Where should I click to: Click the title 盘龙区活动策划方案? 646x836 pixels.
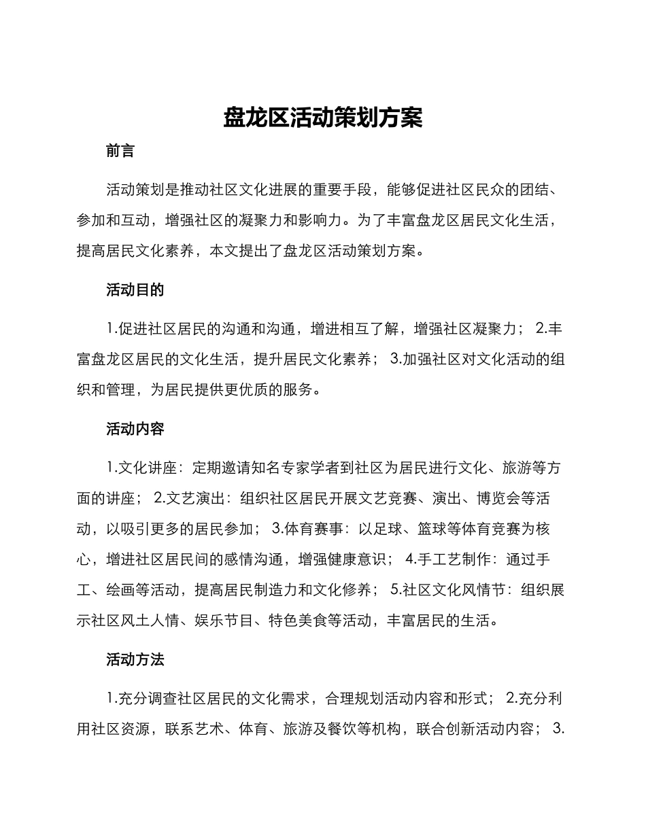323,118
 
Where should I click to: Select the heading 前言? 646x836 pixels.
120,151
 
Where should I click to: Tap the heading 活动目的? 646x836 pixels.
135,290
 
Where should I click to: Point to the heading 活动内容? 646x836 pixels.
135,429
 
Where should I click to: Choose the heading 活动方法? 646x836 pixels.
135,659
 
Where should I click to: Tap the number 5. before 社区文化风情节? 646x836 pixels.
396,590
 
